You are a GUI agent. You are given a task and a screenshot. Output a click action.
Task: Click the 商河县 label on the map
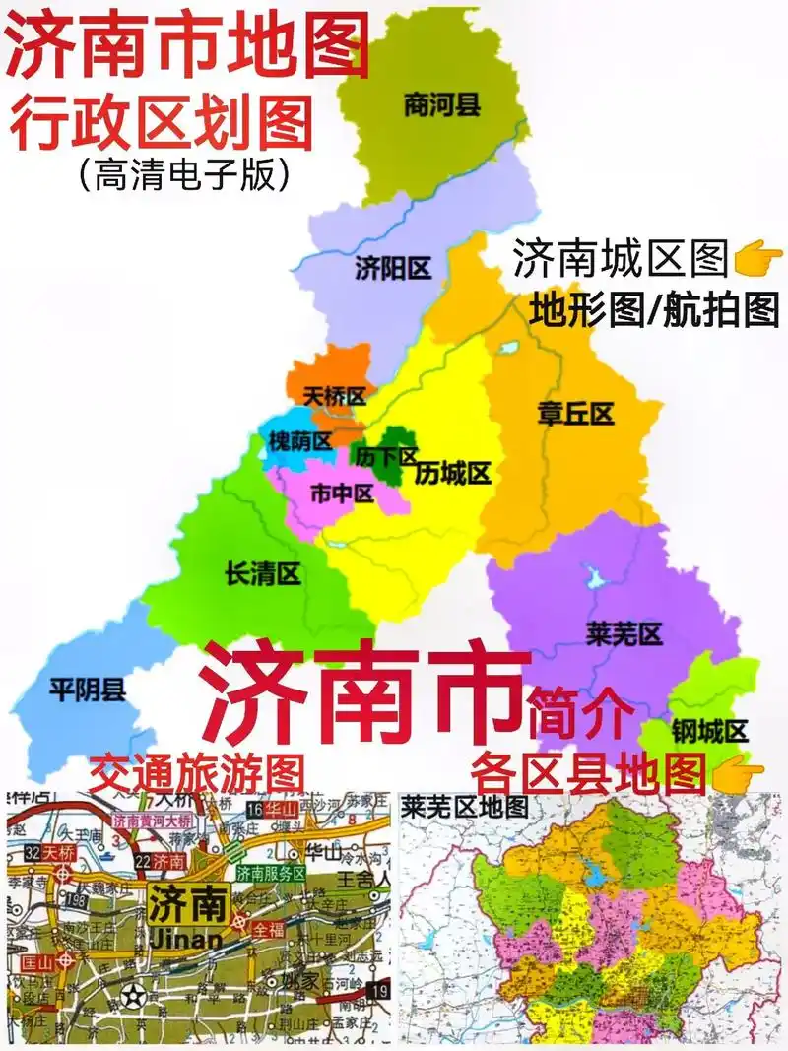pyautogui.click(x=442, y=104)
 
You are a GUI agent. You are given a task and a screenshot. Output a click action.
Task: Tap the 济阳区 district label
pyautogui.click(x=393, y=268)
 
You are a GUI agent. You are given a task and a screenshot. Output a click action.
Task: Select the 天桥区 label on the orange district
pyautogui.click(x=334, y=397)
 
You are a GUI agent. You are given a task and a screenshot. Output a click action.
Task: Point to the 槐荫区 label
pyautogui.click(x=300, y=442)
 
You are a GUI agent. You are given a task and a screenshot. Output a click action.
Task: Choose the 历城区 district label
pyautogui.click(x=452, y=474)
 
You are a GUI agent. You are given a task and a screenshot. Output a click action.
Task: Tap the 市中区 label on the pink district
pyautogui.click(x=342, y=493)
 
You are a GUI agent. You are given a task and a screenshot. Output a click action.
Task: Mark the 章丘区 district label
pyautogui.click(x=575, y=413)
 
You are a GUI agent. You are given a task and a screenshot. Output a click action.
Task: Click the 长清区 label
pyautogui.click(x=263, y=574)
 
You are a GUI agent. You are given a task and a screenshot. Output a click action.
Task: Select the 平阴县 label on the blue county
pyautogui.click(x=88, y=690)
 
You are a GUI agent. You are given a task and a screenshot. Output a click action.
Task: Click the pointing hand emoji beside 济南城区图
pyautogui.click(x=757, y=261)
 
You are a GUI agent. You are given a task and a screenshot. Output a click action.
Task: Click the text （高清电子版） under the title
pyautogui.click(x=185, y=174)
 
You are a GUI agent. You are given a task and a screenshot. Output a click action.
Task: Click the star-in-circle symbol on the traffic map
pyautogui.click(x=134, y=996)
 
